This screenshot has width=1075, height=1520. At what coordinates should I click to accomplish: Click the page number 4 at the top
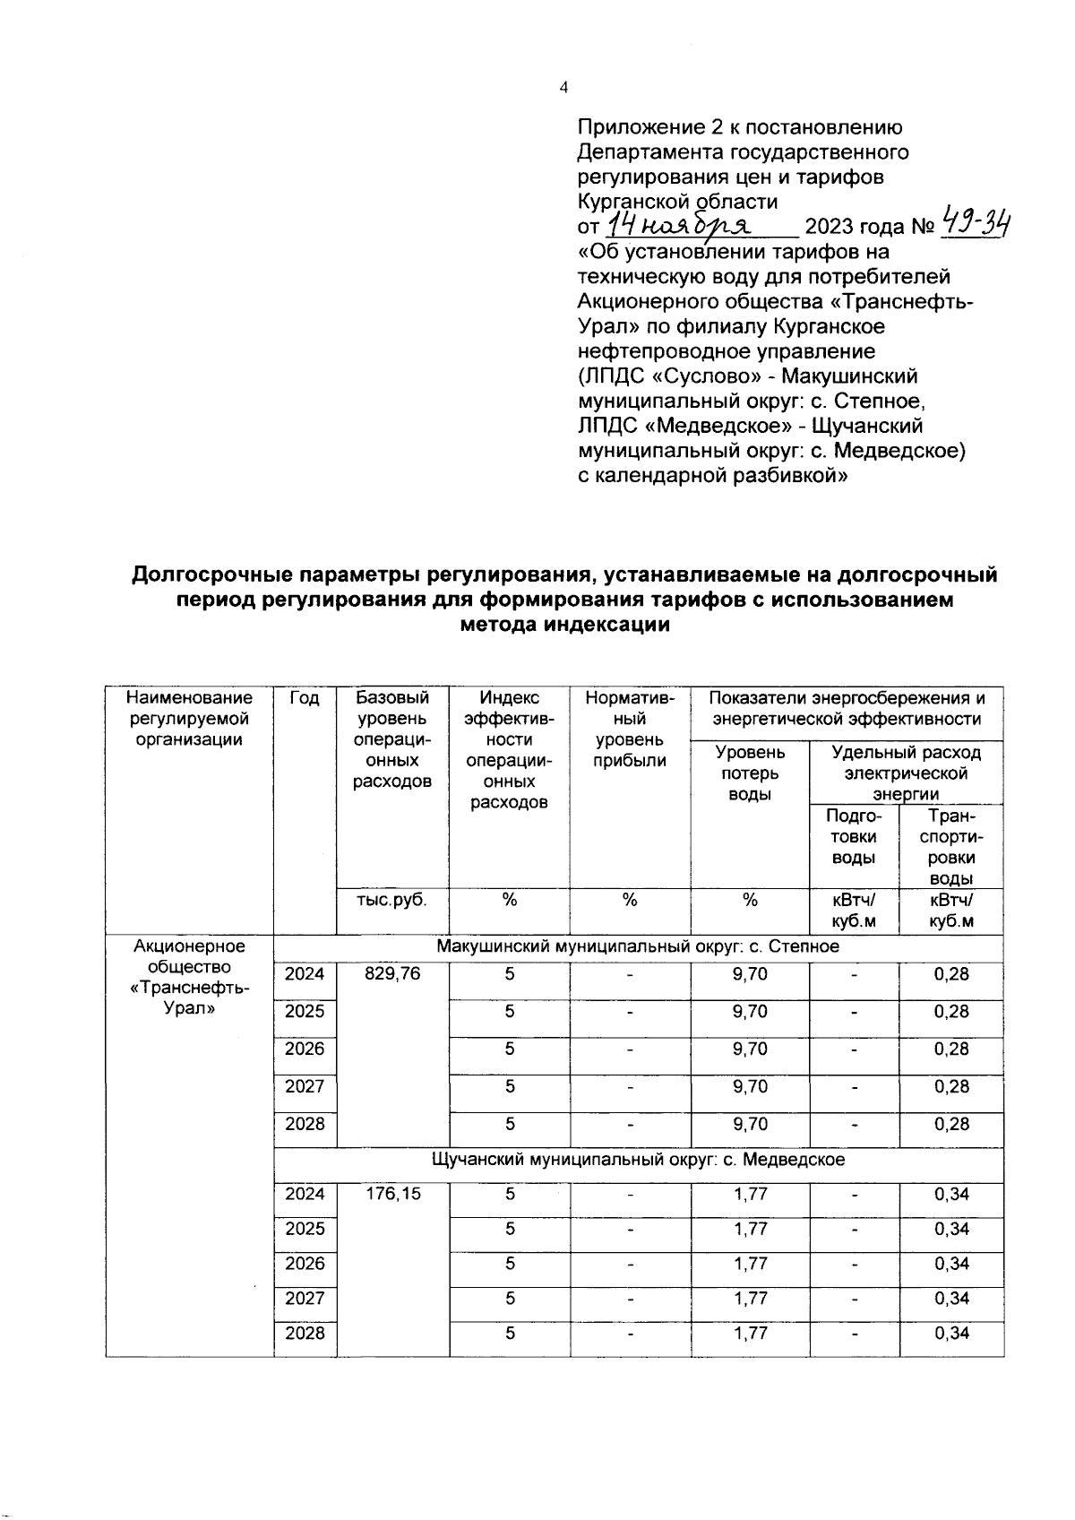point(563,87)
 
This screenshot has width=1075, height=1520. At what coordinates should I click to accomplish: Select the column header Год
point(305,698)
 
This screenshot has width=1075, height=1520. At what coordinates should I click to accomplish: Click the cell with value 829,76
point(392,974)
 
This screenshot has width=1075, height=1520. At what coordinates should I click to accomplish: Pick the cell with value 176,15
point(392,1194)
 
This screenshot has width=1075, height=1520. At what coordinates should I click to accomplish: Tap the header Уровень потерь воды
point(750,773)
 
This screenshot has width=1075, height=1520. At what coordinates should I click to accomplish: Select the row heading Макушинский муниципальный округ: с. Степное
point(638,946)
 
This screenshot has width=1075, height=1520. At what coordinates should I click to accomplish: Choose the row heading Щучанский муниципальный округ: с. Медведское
point(638,1160)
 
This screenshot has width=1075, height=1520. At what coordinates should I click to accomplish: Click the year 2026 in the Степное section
point(305,1049)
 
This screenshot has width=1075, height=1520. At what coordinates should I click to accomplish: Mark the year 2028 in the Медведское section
point(305,1333)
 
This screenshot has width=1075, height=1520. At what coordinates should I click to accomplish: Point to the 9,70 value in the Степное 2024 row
point(750,974)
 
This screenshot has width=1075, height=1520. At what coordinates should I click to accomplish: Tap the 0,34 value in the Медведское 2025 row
point(950,1229)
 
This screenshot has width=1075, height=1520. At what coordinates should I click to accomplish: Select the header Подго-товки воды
point(854,836)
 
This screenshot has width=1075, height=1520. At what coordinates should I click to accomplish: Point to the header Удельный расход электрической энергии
point(906,773)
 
